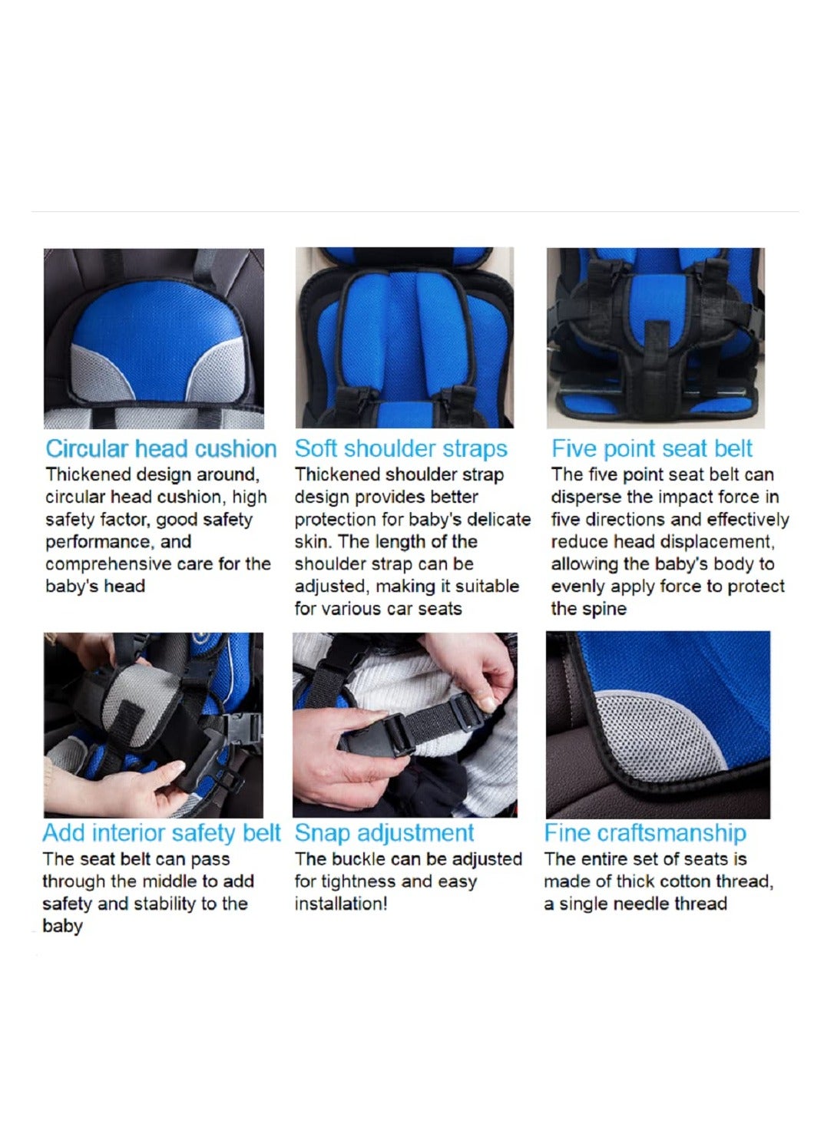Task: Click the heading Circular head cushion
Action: [161, 448]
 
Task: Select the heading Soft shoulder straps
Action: [401, 448]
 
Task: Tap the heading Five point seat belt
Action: [652, 448]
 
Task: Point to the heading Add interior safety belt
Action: [161, 833]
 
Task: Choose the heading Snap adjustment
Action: [384, 833]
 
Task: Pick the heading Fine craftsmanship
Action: [645, 833]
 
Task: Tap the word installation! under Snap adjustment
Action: [341, 904]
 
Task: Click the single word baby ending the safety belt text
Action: [62, 927]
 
